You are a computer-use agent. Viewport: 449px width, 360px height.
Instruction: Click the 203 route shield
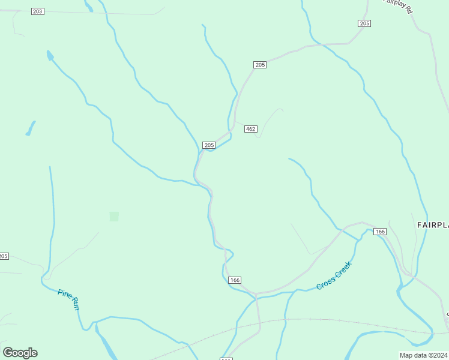point(37,11)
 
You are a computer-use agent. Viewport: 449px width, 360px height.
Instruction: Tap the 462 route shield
point(251,129)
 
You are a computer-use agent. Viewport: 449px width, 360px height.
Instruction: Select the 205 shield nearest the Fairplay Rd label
point(364,23)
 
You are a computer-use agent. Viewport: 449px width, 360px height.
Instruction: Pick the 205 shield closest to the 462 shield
point(209,145)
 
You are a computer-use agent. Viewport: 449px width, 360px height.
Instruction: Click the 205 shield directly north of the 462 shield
point(260,65)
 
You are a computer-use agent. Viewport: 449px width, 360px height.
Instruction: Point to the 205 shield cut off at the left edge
point(4,256)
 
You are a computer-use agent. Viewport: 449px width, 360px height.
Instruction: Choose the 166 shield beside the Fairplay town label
point(379,232)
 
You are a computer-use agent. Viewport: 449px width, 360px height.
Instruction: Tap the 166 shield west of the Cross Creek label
point(235,280)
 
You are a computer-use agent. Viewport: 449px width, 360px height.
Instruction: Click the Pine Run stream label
point(68,299)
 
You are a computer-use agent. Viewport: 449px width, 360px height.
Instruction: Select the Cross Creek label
point(334,276)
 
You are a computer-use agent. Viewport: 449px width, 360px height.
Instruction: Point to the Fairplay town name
point(432,224)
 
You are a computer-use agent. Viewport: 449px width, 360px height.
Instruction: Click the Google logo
point(20,353)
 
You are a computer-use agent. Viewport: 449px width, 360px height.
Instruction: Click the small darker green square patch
point(114,216)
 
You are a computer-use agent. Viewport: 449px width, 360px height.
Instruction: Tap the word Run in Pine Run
point(75,304)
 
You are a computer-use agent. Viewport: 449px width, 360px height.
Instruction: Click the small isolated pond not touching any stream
point(29,128)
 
